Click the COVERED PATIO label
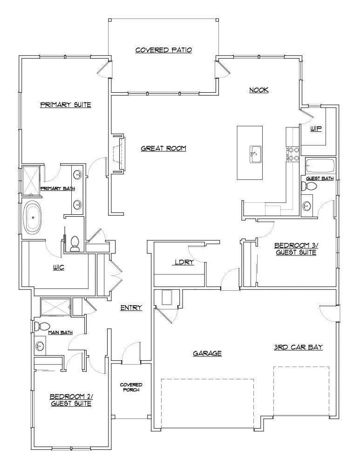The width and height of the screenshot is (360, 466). [x=163, y=50]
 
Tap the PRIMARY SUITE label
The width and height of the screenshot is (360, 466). [x=65, y=105]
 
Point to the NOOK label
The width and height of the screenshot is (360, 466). [x=259, y=90]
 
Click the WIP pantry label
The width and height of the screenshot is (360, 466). [x=317, y=129]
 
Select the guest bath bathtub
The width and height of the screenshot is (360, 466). [x=320, y=166]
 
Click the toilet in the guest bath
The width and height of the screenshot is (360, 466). [x=309, y=187]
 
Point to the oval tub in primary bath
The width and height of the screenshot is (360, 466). [x=33, y=218]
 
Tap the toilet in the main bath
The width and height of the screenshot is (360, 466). [x=42, y=326]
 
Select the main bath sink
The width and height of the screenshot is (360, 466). [x=40, y=347]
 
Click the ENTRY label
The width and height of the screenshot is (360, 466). [x=131, y=308]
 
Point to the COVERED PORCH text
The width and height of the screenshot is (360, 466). [x=131, y=387]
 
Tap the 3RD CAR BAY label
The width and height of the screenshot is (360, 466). [x=299, y=347]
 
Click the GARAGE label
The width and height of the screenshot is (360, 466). [x=207, y=354]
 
